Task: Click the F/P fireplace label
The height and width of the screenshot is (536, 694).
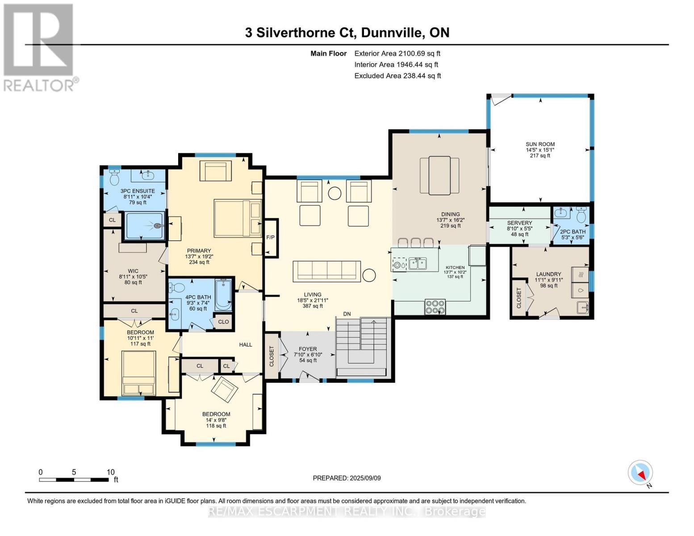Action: click(x=270, y=237)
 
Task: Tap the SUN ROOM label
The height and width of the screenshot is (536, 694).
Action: click(x=540, y=144)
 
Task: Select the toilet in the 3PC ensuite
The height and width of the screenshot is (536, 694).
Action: click(x=114, y=178)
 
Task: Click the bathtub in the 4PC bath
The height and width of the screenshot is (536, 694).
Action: click(x=223, y=295)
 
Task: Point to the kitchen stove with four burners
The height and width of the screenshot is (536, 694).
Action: click(x=435, y=306)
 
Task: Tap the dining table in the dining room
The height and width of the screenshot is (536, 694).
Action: click(x=439, y=176)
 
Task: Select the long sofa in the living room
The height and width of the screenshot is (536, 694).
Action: click(x=326, y=272)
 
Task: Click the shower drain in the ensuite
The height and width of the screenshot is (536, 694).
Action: click(x=158, y=226)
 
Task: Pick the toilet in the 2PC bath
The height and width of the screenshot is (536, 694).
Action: click(x=581, y=216)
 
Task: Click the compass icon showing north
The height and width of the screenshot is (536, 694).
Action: click(x=640, y=473)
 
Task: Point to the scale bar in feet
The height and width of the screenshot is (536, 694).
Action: click(x=74, y=480)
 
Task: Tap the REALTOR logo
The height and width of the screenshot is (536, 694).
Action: click(x=39, y=47)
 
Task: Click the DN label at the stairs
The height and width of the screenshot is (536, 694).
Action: click(x=347, y=314)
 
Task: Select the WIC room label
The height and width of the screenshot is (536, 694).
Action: click(x=133, y=271)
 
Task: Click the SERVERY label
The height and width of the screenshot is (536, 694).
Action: click(x=519, y=223)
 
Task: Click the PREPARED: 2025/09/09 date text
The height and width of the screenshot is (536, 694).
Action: click(x=347, y=478)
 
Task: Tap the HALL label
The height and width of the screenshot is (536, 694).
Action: click(x=246, y=344)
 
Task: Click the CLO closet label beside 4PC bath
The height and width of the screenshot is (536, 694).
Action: click(x=223, y=322)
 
